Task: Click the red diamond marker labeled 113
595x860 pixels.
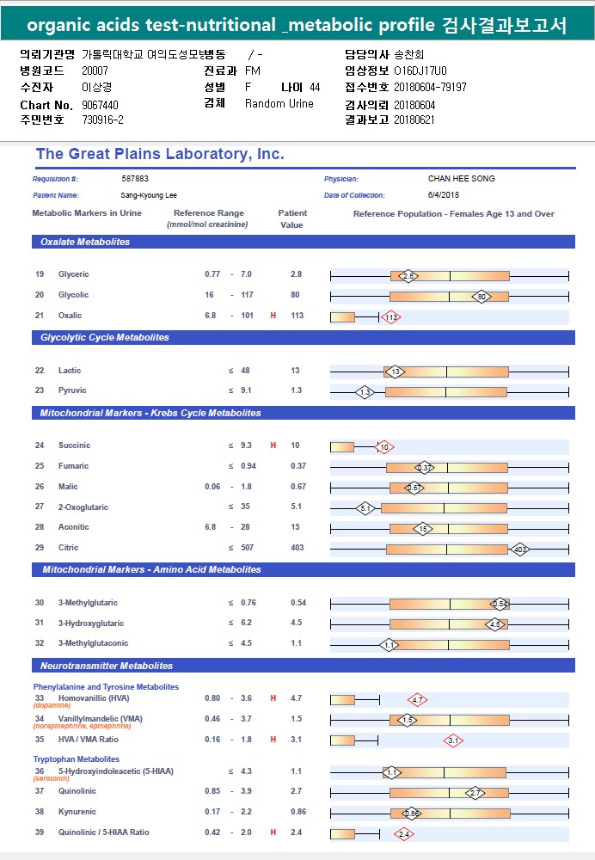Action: click(390, 317)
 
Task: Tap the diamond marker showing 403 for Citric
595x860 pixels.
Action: click(519, 549)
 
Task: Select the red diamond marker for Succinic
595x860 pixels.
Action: click(383, 447)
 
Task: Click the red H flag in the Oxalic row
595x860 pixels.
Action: click(273, 316)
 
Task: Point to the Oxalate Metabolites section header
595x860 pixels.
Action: click(85, 242)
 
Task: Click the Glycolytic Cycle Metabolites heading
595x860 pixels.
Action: click(105, 337)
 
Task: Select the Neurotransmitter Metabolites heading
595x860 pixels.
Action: click(107, 666)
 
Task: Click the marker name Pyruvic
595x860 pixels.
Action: click(72, 390)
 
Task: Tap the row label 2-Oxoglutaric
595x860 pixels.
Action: click(83, 507)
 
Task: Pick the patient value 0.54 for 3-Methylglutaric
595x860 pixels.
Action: click(298, 603)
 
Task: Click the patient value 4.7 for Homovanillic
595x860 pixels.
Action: click(296, 698)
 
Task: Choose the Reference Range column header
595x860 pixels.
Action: click(208, 218)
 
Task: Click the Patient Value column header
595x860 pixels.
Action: click(292, 218)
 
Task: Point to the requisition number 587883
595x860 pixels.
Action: click(135, 179)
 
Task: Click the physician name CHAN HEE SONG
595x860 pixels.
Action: click(461, 179)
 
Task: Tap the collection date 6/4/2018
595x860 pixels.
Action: click(443, 194)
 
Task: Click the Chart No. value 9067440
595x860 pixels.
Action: click(100, 105)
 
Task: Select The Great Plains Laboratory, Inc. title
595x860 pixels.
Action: click(160, 154)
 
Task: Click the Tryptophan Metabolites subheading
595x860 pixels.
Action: click(77, 759)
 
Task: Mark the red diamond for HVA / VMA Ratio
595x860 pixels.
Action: click(453, 740)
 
